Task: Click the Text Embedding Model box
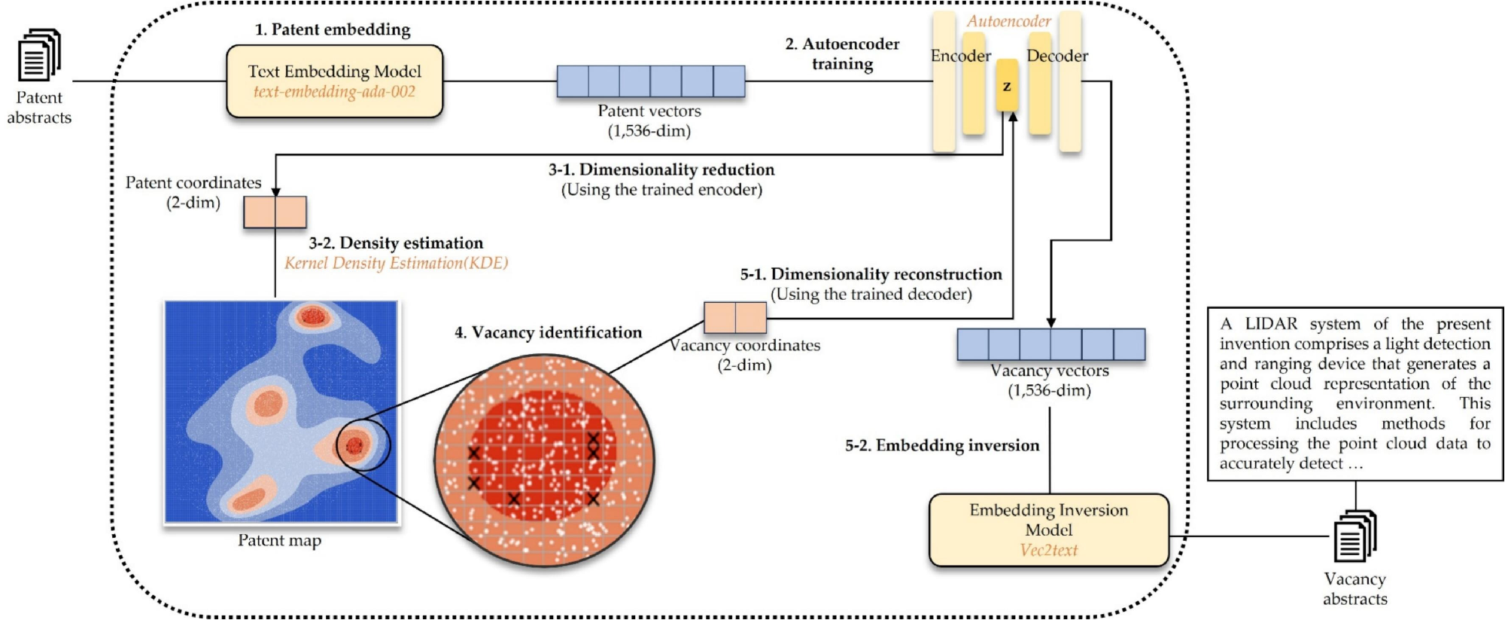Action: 334,81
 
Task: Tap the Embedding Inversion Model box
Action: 1048,530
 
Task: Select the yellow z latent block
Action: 1007,86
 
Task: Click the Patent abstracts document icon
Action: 39,55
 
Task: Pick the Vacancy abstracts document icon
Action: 1354,536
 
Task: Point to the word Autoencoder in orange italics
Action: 1008,21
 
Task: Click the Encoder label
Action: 960,56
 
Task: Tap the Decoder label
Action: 1057,56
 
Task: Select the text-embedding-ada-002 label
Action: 334,92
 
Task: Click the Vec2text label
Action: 1048,551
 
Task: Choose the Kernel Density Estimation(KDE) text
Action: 396,263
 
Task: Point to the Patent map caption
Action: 279,540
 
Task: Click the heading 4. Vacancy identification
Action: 548,332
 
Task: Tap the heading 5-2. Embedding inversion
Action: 941,445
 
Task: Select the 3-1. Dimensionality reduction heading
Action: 661,170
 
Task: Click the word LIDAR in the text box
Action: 1271,324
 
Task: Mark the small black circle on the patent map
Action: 363,445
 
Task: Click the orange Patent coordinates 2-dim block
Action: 275,212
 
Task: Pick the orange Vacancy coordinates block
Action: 735,318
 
